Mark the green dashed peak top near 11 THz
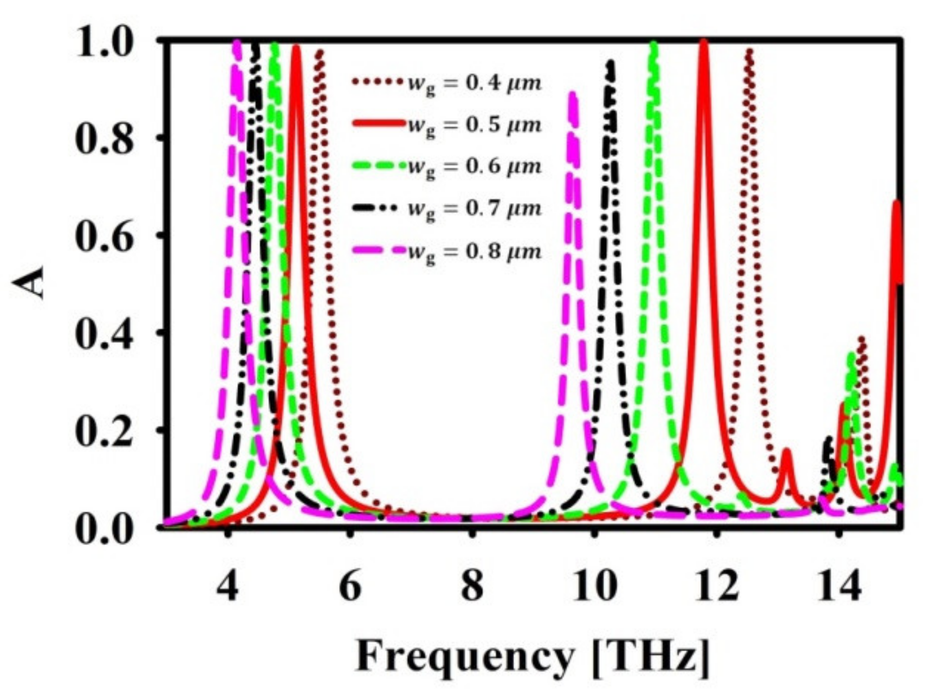coord(654,44)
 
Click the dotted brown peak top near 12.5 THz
coord(749,51)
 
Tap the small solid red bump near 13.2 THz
coord(787,451)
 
